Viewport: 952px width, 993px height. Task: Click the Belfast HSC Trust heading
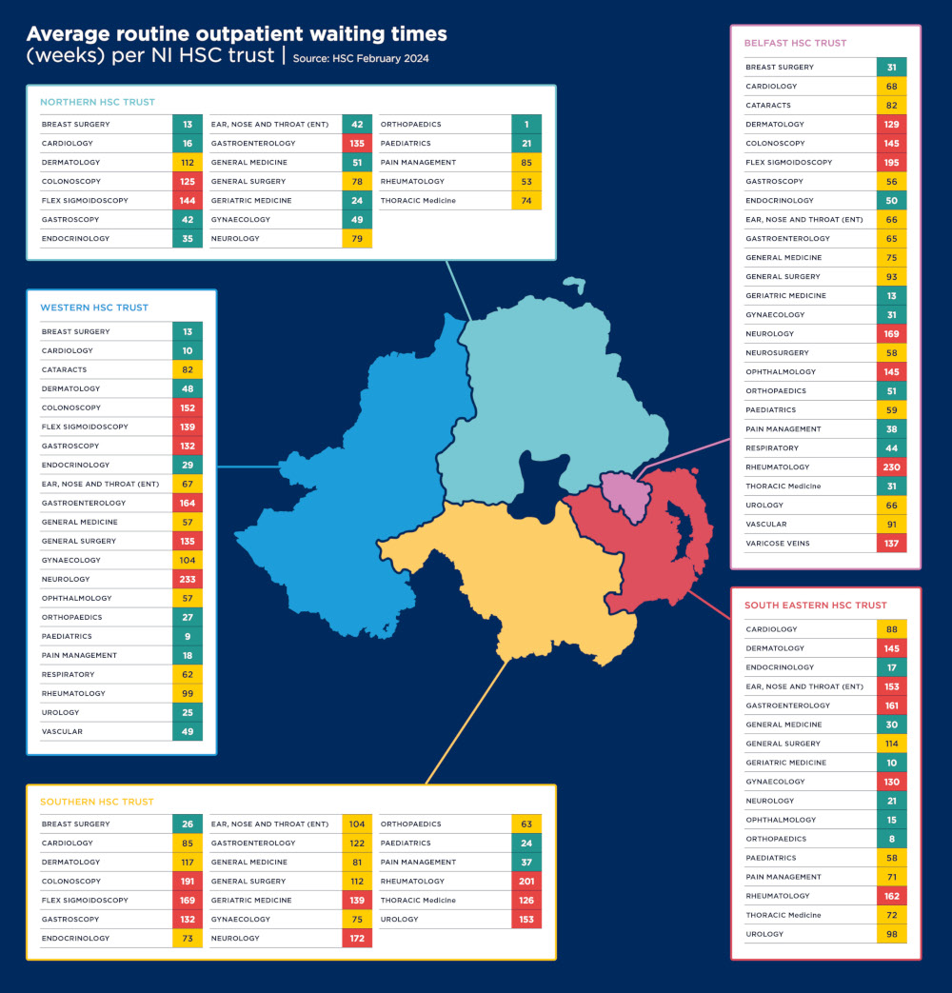pos(795,43)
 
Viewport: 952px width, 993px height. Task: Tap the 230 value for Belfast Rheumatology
pos(892,467)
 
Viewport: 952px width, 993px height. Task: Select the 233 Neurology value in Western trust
pos(188,580)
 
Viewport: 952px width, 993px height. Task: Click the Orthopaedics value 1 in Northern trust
pos(526,125)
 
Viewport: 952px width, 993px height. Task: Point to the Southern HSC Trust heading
pos(96,802)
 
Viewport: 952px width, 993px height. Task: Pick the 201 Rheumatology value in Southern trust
pos(526,882)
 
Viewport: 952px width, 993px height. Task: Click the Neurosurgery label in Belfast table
pos(777,353)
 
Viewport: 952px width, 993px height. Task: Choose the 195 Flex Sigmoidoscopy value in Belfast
pos(892,163)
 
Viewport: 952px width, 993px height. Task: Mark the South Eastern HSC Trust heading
pos(815,606)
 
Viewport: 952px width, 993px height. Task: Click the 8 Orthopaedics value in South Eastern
pos(892,840)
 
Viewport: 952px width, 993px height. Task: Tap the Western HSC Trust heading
pos(94,308)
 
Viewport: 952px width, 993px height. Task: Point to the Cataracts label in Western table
pos(64,370)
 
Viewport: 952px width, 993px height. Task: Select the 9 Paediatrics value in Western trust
pos(188,637)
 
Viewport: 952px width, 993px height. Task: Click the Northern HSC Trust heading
pos(97,102)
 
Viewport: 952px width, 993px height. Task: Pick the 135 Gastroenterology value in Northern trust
pos(357,144)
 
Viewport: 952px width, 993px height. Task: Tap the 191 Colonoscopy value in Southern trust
pos(188,882)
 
